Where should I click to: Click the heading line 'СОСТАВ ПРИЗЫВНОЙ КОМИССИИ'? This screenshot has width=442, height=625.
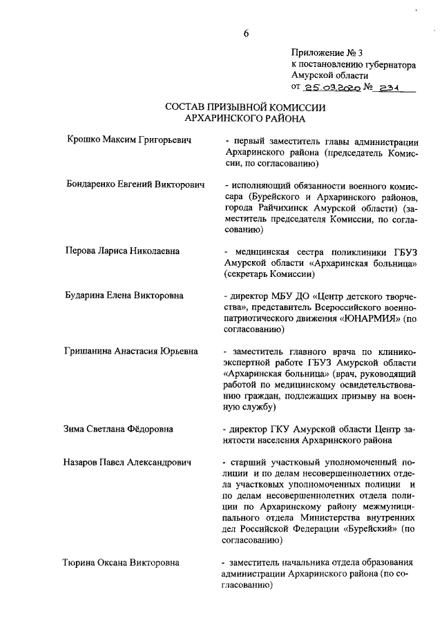tap(245, 108)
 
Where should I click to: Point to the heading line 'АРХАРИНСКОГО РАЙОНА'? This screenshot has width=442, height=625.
tap(245, 119)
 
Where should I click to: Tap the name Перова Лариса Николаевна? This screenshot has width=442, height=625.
tap(121, 251)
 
